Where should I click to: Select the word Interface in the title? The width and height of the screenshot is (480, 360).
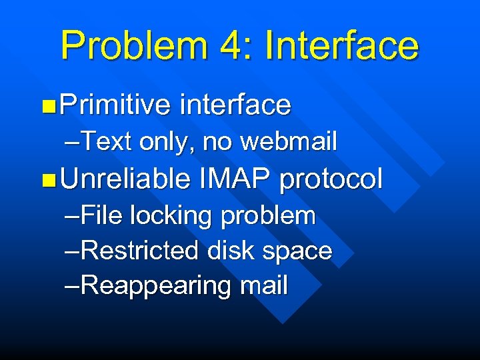(341, 45)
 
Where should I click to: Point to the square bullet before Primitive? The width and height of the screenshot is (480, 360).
(46, 105)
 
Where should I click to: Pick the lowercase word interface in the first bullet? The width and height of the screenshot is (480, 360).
(235, 105)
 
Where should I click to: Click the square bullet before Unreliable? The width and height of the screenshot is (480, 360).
(46, 179)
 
